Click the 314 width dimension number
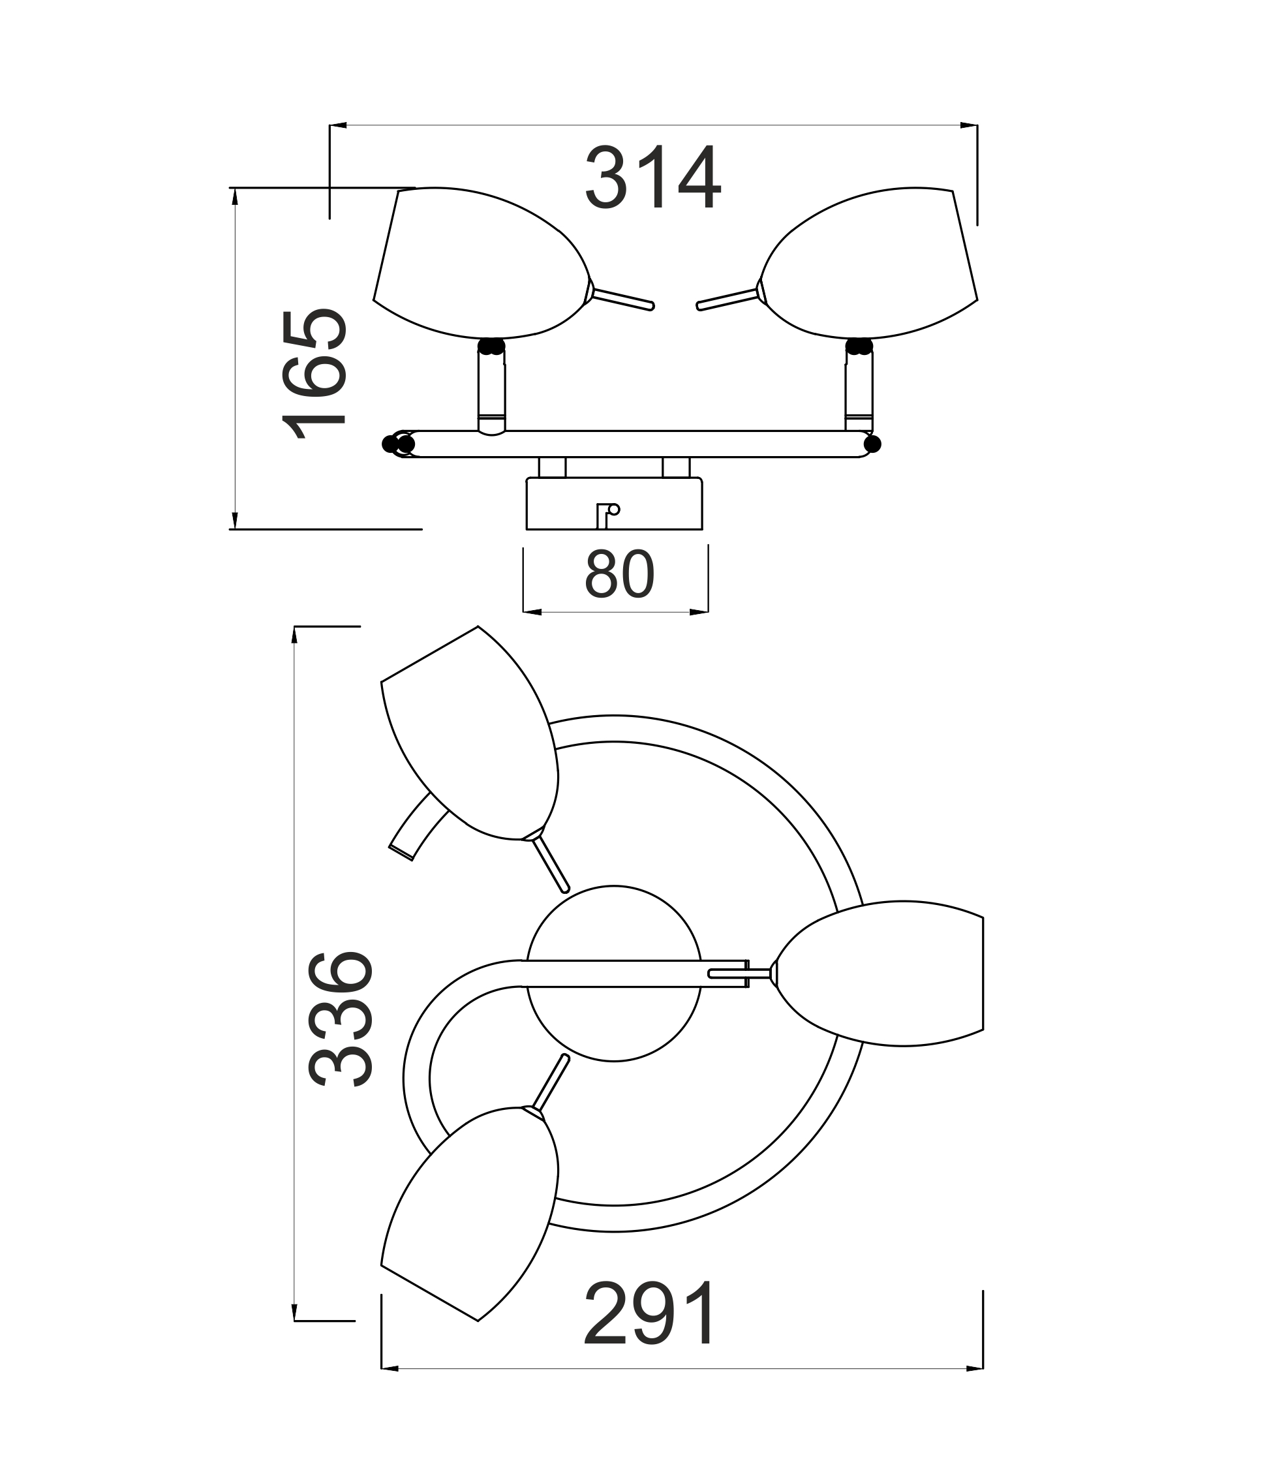tap(653, 177)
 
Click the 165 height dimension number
tap(314, 374)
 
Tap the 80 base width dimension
tap(619, 574)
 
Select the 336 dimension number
tap(340, 1019)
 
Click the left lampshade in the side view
tap(481, 263)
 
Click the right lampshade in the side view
tap(868, 263)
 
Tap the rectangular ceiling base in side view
tap(615, 504)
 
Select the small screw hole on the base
tap(613, 510)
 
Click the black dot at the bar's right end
tap(872, 444)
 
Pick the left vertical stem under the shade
tap(491, 390)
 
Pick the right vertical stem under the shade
tap(859, 390)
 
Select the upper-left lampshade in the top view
tap(469, 733)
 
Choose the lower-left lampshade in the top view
tap(469, 1213)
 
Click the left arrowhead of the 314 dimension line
tap(338, 125)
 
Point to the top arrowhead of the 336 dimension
tap(294, 635)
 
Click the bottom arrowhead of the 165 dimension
tap(235, 520)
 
